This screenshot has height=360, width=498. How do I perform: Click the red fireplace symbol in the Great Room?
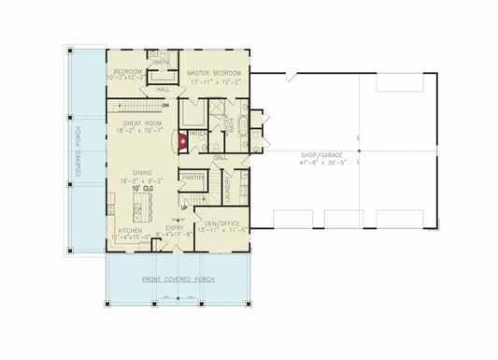coord(183,142)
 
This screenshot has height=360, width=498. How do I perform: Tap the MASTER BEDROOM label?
coord(214,72)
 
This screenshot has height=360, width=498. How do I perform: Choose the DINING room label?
coord(142,172)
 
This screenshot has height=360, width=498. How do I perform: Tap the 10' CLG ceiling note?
coord(142,189)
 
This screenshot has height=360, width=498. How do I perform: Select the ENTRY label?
coord(175,227)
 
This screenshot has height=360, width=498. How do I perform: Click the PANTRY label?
coord(193,177)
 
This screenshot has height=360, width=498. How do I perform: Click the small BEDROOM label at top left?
coord(127,72)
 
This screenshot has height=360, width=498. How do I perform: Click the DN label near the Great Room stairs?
coord(164,105)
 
